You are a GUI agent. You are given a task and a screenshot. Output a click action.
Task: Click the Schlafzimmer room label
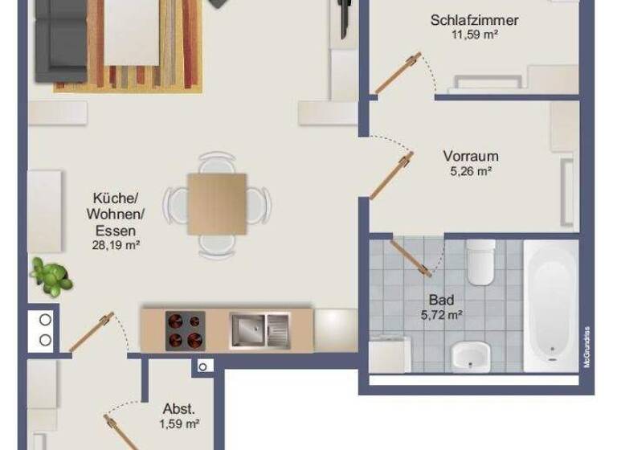tap(474, 20)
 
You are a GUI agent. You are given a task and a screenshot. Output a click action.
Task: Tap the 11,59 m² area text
tap(474, 35)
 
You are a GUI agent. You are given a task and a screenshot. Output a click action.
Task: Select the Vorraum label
tap(471, 157)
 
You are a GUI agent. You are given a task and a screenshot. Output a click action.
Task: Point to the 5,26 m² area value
tap(471, 171)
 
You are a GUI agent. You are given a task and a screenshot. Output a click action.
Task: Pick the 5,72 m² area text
tap(442, 315)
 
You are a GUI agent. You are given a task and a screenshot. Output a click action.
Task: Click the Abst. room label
tap(179, 408)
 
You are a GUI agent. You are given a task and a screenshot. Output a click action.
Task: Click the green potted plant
tap(50, 276)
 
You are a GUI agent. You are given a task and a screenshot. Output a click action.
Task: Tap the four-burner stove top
tap(184, 329)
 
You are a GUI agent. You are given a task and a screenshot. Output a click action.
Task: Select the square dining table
tap(217, 204)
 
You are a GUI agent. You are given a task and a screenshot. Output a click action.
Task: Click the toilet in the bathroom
tap(481, 262)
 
